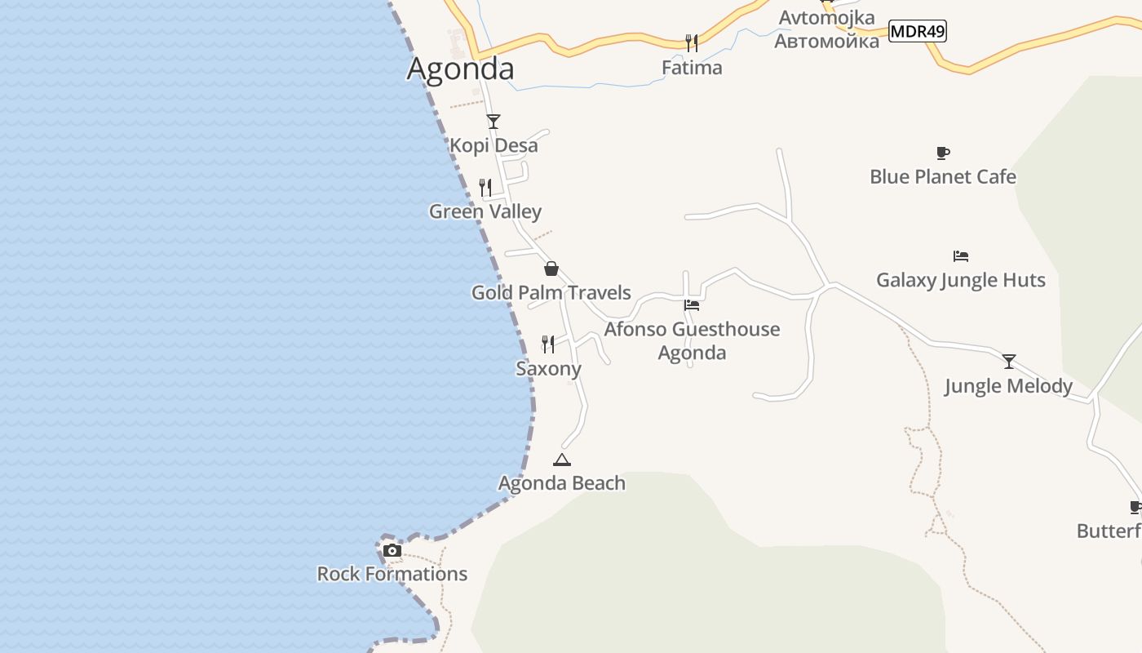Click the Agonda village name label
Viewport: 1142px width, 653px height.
tap(460, 69)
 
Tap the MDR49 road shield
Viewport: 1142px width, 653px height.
tap(917, 32)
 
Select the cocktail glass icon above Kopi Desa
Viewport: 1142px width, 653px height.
tap(494, 122)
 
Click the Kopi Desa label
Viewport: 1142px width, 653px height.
tap(494, 145)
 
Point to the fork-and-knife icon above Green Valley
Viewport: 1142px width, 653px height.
tap(485, 188)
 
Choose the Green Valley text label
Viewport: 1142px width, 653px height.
tap(485, 211)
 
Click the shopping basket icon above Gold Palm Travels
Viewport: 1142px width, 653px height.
tap(551, 269)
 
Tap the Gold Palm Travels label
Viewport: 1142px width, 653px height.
tap(551, 292)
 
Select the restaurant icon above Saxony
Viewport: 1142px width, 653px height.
tap(548, 344)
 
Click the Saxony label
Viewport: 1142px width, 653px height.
tap(548, 368)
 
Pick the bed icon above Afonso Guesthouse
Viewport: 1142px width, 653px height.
tap(692, 305)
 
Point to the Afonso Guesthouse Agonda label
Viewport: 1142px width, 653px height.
tap(692, 340)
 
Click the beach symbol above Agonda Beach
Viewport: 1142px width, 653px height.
tap(562, 460)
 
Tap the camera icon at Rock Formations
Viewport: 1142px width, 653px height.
tap(392, 550)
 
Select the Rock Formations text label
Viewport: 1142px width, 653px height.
tap(392, 574)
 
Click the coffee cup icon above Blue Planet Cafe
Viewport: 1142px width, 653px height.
tap(943, 153)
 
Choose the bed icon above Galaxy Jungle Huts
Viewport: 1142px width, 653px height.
tap(961, 256)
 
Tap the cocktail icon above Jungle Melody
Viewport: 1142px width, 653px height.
tap(1009, 362)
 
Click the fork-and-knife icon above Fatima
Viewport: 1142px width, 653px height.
tap(692, 43)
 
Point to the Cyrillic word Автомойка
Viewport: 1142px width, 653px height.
tap(826, 41)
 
